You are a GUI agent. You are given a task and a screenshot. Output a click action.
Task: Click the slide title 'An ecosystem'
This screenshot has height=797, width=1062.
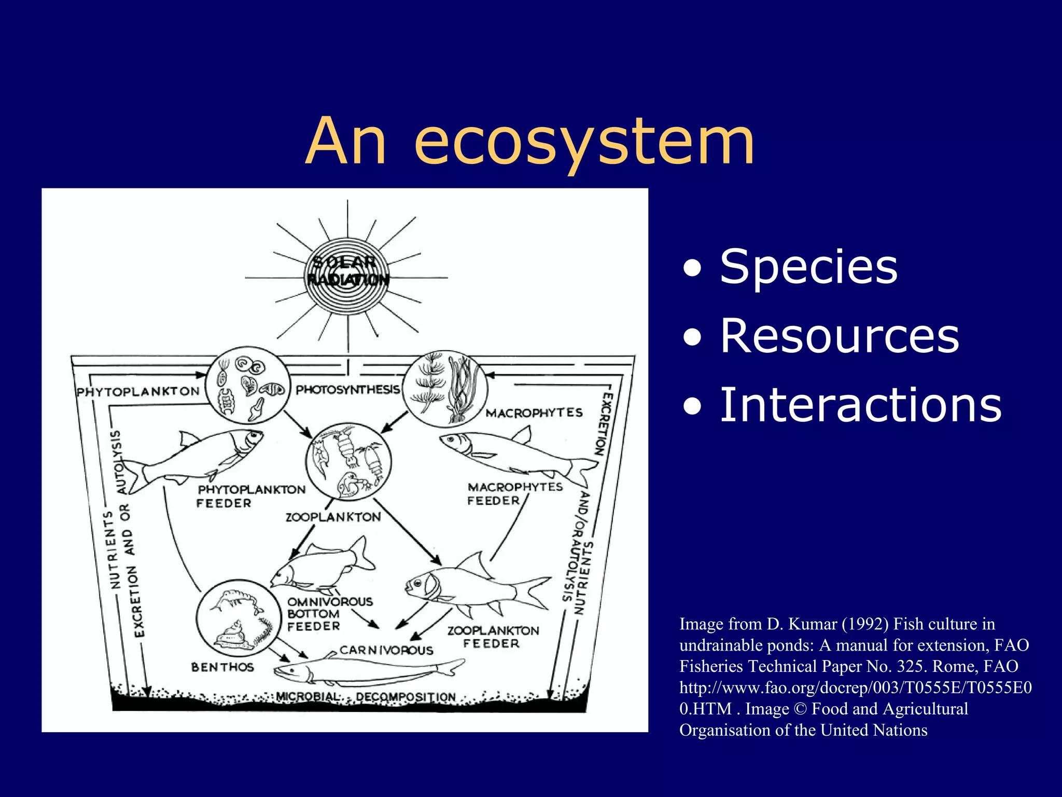[530, 141]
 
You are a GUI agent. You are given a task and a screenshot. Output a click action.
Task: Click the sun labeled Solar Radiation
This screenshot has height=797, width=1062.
[347, 276]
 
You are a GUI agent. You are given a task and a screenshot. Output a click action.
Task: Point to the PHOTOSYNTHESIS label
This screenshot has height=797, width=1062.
[347, 390]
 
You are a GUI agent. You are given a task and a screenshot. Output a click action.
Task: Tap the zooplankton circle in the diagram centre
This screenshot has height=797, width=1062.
[348, 461]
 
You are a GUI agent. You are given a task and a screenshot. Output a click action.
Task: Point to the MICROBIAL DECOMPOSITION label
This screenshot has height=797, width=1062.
[365, 697]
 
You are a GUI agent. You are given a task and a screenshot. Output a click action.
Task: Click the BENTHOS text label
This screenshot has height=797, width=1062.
[222, 667]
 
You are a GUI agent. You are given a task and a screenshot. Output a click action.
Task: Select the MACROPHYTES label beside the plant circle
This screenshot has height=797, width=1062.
[534, 413]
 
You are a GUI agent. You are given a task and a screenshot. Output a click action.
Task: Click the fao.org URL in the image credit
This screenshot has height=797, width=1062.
[855, 688]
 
